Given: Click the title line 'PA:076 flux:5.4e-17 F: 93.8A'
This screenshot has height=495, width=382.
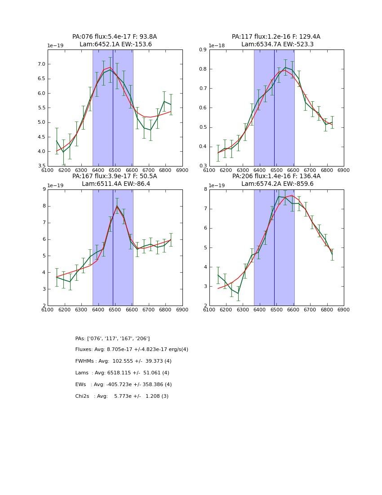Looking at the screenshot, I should tap(115, 37).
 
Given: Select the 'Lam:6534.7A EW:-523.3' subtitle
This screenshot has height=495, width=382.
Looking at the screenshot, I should tap(276, 45).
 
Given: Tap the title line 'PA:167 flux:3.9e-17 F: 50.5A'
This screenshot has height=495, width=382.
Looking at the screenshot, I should tap(115, 176).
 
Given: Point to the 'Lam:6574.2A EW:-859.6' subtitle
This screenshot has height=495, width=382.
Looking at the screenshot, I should tap(276, 184).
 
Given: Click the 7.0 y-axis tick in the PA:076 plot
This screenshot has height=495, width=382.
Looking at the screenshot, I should tap(41, 64).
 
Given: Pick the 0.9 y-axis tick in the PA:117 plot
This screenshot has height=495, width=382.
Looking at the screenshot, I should tap(203, 50).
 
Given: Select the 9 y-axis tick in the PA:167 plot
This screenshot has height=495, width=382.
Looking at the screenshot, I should tap(44, 189).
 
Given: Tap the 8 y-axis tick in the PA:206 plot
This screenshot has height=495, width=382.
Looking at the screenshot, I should tap(205, 189).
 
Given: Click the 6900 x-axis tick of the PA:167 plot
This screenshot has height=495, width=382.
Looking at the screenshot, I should tap(182, 310).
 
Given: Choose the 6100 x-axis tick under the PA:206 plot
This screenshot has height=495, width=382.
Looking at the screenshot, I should tap(209, 310).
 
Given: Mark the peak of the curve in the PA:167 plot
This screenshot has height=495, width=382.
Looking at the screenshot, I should tap(117, 206).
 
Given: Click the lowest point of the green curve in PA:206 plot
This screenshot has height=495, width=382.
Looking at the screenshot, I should tap(238, 293).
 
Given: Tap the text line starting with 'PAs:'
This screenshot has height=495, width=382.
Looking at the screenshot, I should tap(112, 338).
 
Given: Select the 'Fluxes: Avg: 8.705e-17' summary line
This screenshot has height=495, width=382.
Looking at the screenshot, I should tap(132, 350).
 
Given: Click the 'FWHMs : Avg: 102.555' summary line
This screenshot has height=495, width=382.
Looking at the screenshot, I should tap(123, 361).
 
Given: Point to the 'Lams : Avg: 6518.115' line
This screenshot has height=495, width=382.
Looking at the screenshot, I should tap(122, 373).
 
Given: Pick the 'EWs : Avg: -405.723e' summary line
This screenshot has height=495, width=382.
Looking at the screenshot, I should tap(123, 385).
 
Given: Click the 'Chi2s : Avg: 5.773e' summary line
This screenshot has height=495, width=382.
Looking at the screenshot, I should tap(122, 396).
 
